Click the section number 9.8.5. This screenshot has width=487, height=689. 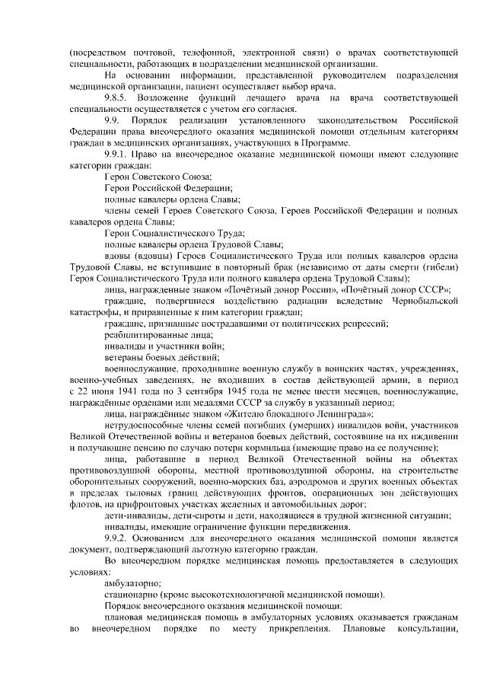(118, 99)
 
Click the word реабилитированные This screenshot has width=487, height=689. (144, 335)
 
